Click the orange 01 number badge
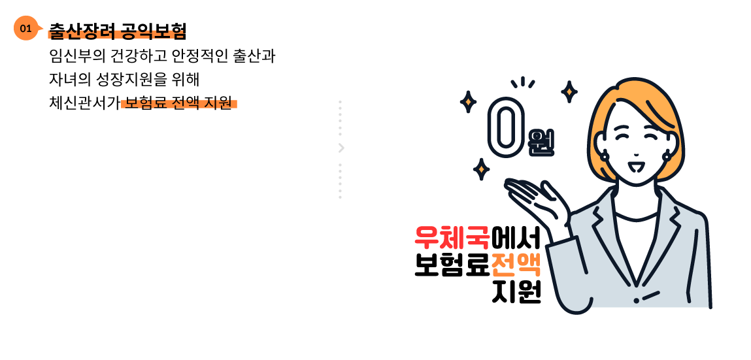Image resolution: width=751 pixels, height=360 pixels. (26, 28)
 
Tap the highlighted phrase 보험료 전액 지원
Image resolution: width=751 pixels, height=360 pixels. (178, 103)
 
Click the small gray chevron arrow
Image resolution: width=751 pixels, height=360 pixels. (341, 148)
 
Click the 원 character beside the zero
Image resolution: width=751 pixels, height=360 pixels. (541, 141)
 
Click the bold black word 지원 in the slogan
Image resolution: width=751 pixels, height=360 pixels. (516, 293)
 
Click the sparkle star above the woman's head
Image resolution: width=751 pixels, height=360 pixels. (569, 91)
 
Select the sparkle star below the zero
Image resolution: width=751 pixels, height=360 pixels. (482, 169)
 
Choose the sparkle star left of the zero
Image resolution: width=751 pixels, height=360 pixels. (468, 102)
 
